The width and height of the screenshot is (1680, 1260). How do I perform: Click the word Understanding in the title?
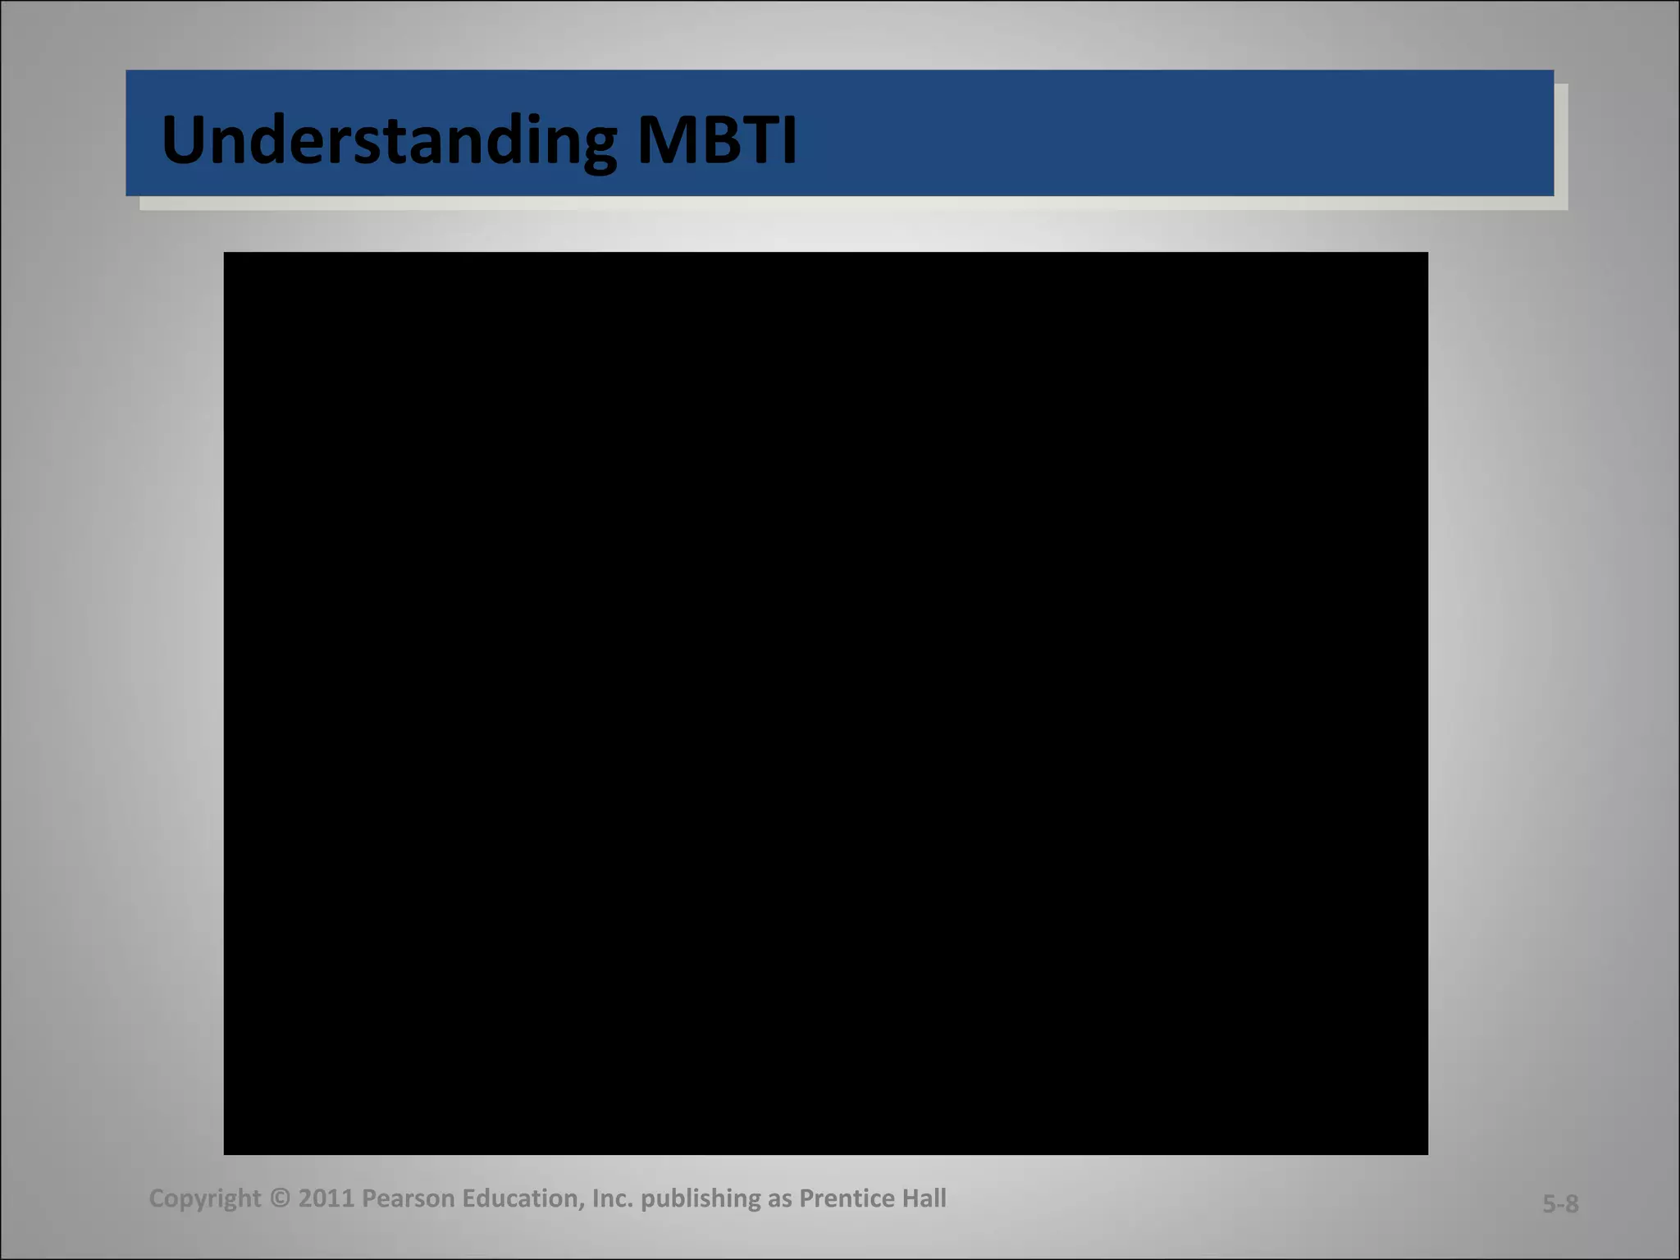click(387, 141)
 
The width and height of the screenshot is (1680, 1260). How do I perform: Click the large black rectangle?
click(825, 703)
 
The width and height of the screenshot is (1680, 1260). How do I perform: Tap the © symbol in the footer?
click(280, 1199)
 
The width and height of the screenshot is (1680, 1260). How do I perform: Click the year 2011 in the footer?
click(326, 1199)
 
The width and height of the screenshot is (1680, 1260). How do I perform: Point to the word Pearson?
click(408, 1199)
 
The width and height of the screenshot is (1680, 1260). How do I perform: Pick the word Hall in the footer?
click(924, 1199)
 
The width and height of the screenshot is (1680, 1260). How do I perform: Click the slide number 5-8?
click(1560, 1204)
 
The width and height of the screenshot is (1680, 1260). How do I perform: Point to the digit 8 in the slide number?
click(1571, 1204)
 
